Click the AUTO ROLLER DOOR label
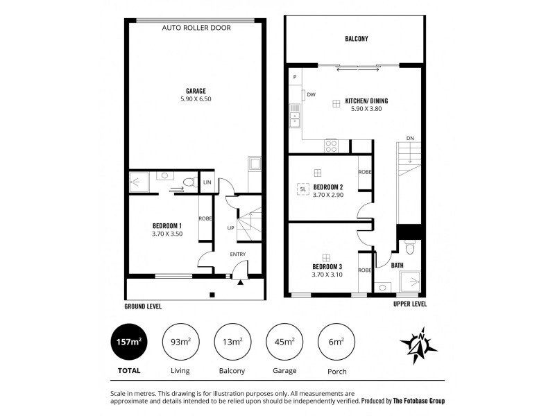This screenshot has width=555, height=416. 196,28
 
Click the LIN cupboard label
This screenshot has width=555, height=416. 207,182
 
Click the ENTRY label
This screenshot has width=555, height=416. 239,254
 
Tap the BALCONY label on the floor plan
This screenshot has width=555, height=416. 356,40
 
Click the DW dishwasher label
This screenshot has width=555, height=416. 311,94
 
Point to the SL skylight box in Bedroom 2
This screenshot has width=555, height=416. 302,188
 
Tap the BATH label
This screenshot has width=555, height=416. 397,265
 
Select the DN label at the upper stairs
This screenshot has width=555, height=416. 410,137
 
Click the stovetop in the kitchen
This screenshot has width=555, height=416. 332,146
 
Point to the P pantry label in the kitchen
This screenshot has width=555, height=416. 295,76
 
